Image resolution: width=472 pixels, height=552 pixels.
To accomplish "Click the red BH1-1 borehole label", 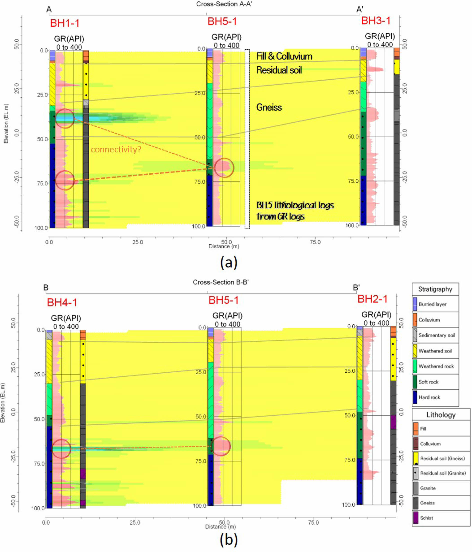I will (x=64, y=23).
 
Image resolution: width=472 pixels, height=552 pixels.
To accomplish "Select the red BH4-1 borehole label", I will (x=62, y=302).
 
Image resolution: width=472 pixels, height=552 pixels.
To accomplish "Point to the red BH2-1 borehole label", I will (x=372, y=299).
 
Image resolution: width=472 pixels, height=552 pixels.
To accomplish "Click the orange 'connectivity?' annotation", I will (x=116, y=149).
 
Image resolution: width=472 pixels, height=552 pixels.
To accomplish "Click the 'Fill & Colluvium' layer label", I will (x=284, y=56).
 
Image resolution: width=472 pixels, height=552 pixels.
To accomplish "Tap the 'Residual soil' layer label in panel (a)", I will (x=279, y=70).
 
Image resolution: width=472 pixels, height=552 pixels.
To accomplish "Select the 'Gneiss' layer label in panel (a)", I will (x=269, y=107).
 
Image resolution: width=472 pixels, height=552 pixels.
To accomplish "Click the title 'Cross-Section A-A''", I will (x=224, y=4).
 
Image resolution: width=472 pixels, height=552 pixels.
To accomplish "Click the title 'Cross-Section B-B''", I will (x=221, y=282).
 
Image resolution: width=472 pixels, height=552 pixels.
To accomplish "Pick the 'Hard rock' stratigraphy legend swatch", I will (x=415, y=397).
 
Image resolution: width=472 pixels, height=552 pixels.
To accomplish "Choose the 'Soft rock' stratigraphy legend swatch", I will (x=415, y=382).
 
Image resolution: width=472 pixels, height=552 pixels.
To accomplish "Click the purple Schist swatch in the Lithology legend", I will (x=416, y=518).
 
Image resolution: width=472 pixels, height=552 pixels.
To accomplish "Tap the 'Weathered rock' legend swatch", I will (x=415, y=366).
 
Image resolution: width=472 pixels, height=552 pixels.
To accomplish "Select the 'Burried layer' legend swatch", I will (x=415, y=304).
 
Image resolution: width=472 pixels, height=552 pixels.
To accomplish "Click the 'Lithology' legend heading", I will (x=441, y=415).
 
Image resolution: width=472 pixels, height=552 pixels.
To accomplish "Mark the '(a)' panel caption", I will (x=229, y=263).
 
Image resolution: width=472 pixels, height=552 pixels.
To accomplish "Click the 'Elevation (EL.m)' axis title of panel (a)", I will (x=6, y=123).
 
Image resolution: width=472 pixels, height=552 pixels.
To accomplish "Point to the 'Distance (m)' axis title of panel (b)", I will (x=220, y=527).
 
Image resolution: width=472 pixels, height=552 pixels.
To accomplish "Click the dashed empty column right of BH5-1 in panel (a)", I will (x=247, y=138).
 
